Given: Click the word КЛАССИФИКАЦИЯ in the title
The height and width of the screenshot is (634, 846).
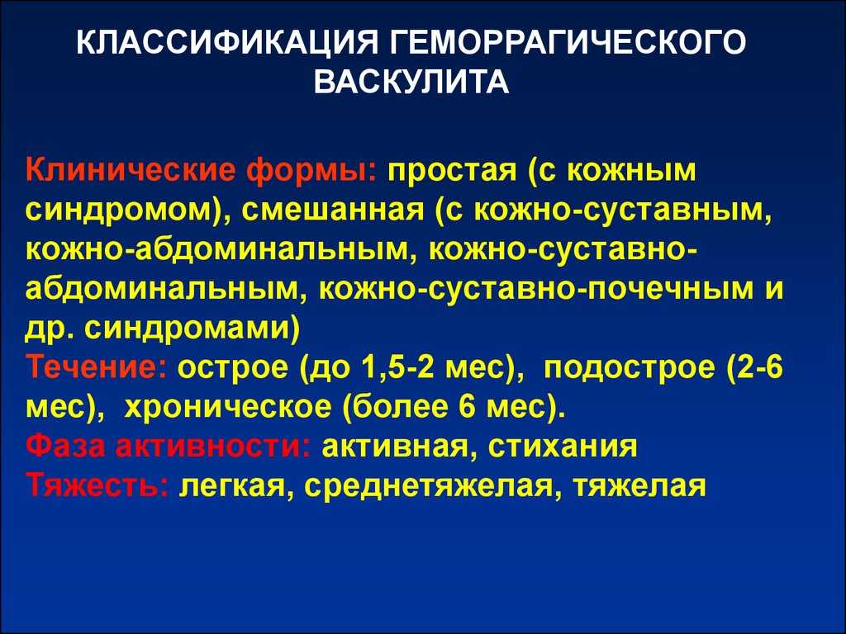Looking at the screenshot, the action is tap(226, 43).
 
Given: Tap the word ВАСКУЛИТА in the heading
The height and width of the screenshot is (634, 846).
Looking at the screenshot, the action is tap(411, 82).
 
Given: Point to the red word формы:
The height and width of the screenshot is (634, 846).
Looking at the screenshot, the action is tap(313, 169).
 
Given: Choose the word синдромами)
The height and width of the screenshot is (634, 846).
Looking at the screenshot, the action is tap(192, 329).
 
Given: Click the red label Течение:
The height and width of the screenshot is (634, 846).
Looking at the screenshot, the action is tap(97, 367).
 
